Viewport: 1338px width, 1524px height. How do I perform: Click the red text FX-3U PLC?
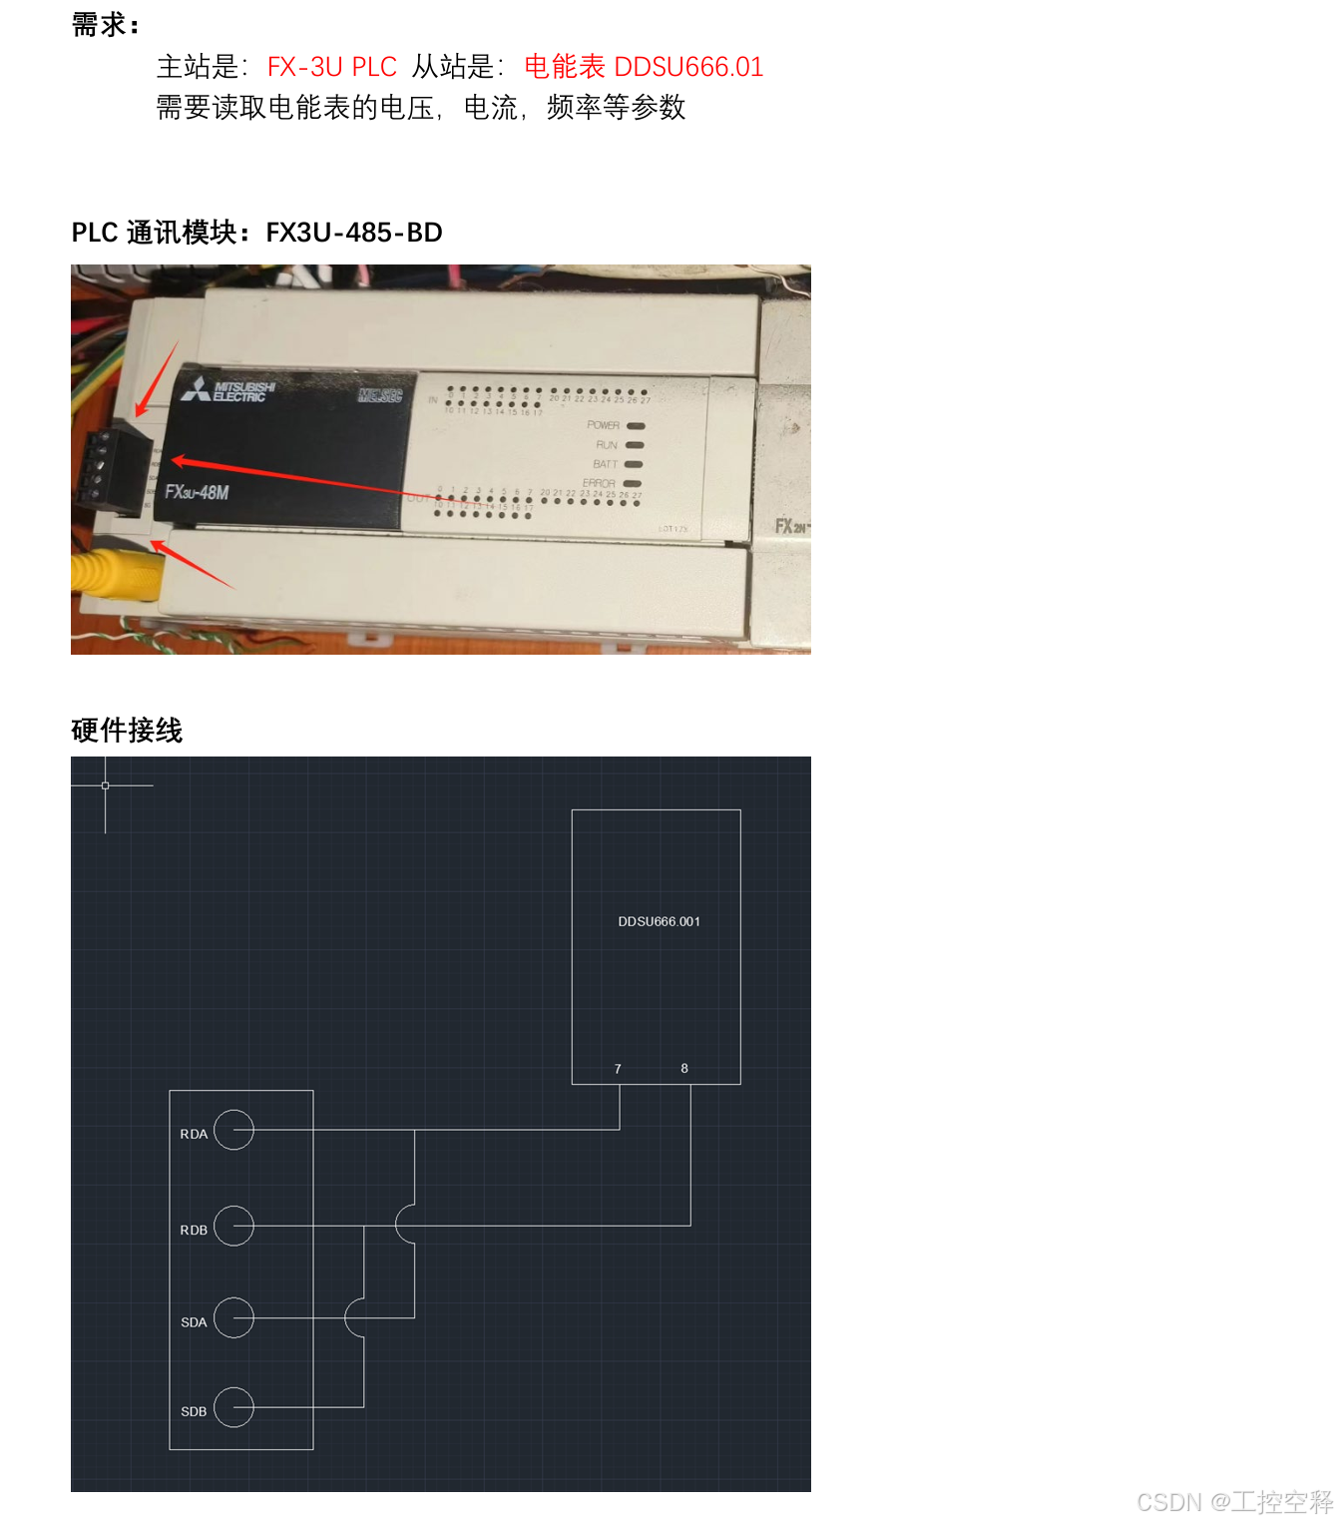tap(331, 67)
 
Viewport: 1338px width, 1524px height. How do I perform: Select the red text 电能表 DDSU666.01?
tap(644, 67)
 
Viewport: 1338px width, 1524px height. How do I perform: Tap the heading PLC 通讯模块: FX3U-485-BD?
tap(256, 233)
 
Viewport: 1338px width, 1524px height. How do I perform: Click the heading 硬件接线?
tap(127, 731)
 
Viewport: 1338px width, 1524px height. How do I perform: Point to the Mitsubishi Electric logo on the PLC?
tap(228, 390)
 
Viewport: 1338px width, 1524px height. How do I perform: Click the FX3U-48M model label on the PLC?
tap(197, 492)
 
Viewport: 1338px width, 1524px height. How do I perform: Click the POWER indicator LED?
tap(636, 426)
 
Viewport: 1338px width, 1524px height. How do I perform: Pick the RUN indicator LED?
tap(635, 445)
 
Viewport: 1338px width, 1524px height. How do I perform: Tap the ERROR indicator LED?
tap(633, 484)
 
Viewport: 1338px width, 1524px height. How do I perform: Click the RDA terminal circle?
tap(233, 1130)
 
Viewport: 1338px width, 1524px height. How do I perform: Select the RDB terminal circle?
tap(233, 1226)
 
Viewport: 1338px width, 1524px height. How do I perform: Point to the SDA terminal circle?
tap(233, 1317)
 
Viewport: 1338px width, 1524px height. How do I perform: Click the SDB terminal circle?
tap(233, 1407)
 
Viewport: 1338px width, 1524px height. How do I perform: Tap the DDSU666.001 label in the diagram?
tap(659, 921)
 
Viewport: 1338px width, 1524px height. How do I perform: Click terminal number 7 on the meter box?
tap(618, 1069)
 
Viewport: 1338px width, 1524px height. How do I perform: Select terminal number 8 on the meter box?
tap(684, 1068)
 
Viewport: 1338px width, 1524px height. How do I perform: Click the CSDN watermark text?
tap(1234, 1502)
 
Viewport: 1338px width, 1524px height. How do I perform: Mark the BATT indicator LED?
tap(634, 464)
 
